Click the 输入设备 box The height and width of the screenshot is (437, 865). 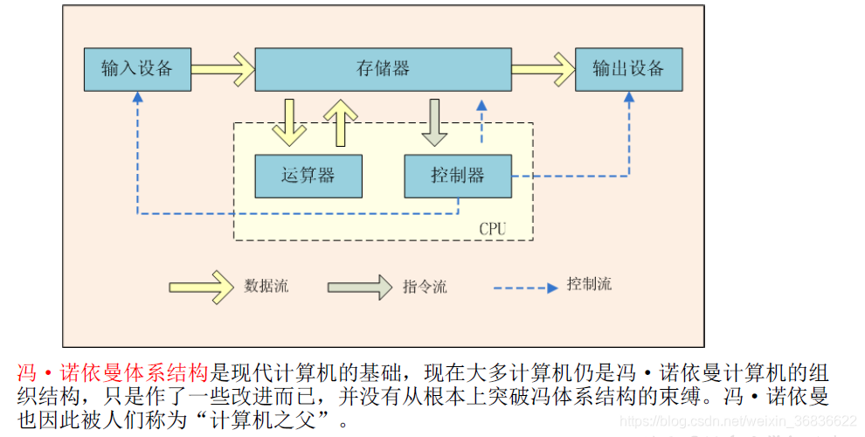click(137, 69)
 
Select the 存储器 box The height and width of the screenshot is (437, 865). click(383, 69)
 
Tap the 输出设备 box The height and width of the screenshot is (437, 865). click(627, 69)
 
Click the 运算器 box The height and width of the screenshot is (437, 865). click(308, 176)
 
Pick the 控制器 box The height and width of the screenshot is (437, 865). click(457, 176)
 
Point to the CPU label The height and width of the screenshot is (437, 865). click(493, 229)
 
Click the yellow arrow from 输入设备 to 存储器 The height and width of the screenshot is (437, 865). click(222, 69)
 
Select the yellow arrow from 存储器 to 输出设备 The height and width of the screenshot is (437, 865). click(543, 69)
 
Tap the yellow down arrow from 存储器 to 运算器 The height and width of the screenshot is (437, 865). click(289, 121)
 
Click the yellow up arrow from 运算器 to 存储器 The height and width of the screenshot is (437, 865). click(341, 121)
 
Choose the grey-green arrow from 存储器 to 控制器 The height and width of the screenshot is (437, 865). click(433, 121)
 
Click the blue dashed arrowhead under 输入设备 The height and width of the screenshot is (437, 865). click(137, 99)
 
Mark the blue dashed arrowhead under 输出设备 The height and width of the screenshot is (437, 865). click(628, 99)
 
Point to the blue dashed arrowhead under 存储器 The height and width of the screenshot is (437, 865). click(480, 105)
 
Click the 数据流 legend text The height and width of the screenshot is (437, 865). click(266, 286)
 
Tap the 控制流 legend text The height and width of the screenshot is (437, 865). click(589, 284)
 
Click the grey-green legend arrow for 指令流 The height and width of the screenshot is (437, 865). click(359, 287)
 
